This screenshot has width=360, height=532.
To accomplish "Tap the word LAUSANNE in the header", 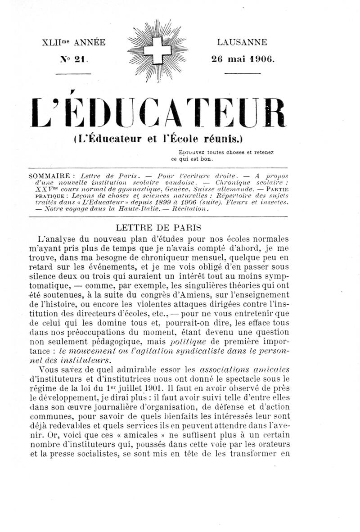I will click(242, 43).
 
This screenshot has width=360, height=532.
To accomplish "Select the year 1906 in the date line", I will click(261, 59).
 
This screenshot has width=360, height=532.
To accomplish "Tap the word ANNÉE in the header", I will click(90, 43).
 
